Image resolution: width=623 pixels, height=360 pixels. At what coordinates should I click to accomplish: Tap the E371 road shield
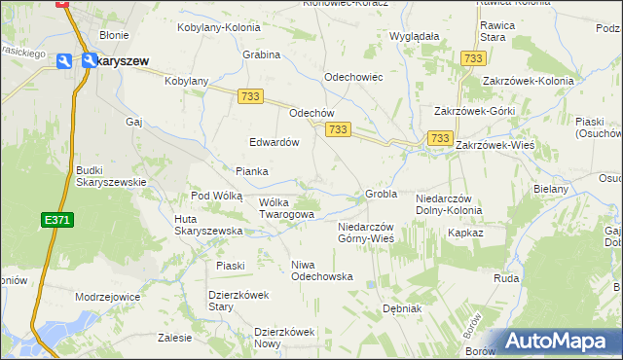pyautogui.click(x=57, y=221)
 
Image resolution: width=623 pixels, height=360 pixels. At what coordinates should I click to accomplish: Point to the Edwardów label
pyautogui.click(x=274, y=141)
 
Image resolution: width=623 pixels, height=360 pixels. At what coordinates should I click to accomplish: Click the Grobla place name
pyautogui.click(x=381, y=194)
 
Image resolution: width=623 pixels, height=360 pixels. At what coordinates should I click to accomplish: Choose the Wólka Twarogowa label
pyautogui.click(x=286, y=208)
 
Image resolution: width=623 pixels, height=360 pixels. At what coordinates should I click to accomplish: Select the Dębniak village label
pyautogui.click(x=401, y=308)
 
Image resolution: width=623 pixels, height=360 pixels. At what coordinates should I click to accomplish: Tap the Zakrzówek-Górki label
pyautogui.click(x=474, y=111)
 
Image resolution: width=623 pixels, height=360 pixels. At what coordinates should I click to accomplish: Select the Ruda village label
pyautogui.click(x=506, y=277)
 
